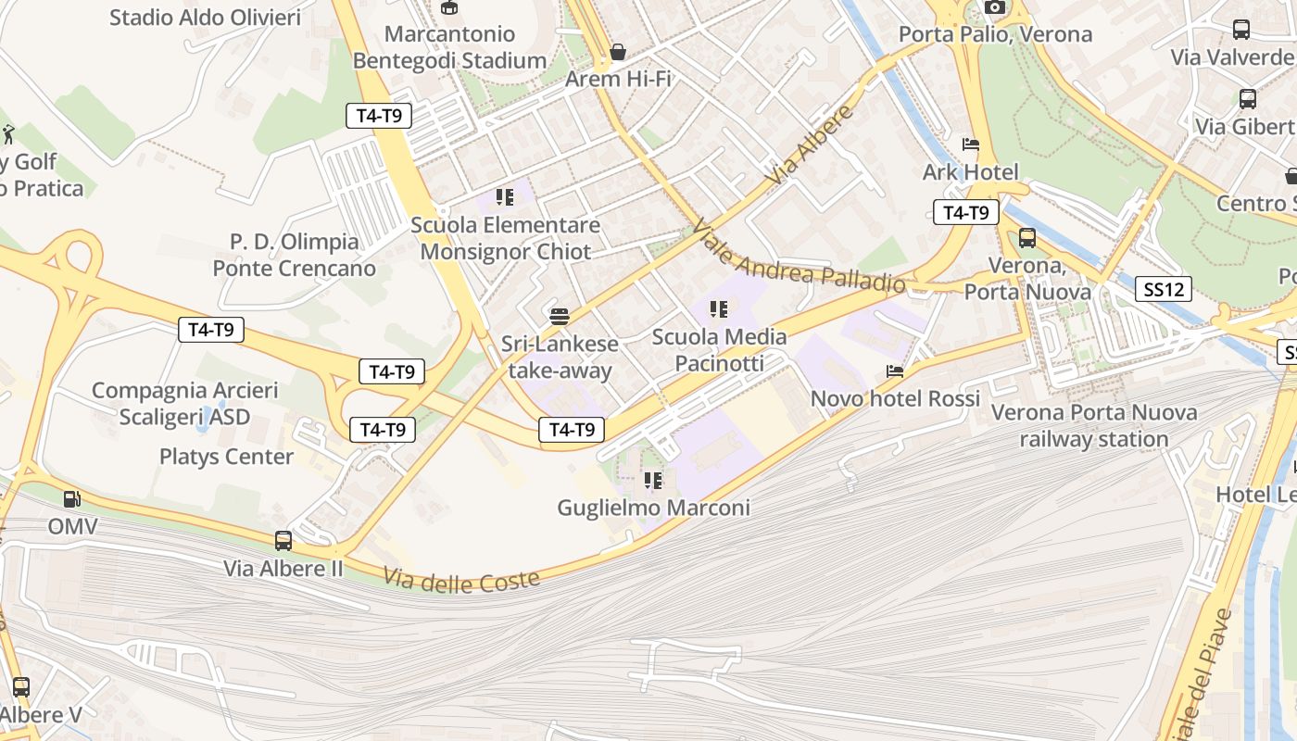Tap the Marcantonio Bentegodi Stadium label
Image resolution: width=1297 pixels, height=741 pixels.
click(x=449, y=47)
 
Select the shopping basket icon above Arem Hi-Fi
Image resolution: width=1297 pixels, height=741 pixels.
click(x=618, y=52)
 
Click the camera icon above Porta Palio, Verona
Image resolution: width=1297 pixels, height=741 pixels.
click(x=995, y=7)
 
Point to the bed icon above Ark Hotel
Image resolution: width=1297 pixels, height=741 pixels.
click(x=971, y=144)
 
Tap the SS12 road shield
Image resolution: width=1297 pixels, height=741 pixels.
click(x=1164, y=289)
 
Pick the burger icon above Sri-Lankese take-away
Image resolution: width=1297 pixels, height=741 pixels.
click(x=559, y=317)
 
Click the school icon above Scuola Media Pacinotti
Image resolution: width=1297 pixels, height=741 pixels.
click(x=719, y=309)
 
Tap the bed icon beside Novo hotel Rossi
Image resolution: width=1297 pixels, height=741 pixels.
click(x=895, y=371)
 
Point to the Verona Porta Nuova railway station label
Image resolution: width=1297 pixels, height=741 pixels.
click(x=1094, y=425)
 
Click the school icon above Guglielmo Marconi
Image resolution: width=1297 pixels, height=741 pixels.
click(x=653, y=481)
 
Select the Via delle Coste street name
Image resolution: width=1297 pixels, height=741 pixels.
click(x=461, y=582)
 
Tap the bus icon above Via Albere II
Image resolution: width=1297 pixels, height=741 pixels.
click(x=283, y=541)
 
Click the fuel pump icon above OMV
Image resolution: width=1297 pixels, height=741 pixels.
click(x=72, y=499)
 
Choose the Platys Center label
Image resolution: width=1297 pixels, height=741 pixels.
click(x=226, y=457)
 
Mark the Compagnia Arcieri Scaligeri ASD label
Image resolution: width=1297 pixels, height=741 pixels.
click(x=184, y=404)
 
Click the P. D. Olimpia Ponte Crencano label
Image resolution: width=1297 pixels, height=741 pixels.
click(x=295, y=255)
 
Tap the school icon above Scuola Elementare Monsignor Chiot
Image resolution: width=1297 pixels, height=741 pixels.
click(x=505, y=197)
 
